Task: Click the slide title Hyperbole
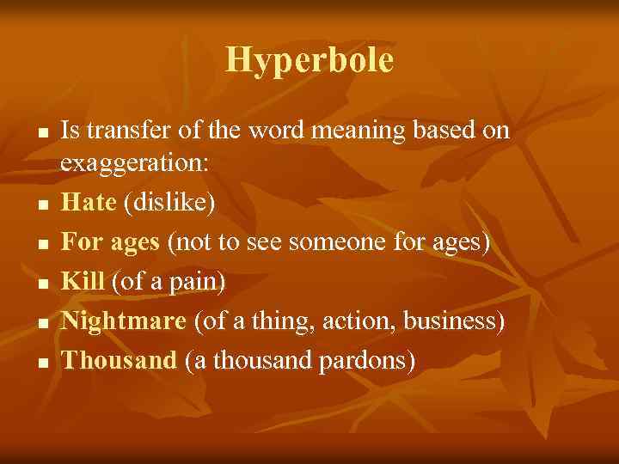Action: click(x=309, y=60)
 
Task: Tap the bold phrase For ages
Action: click(x=111, y=243)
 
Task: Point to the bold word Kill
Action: click(x=83, y=282)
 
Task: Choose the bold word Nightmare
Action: click(x=124, y=321)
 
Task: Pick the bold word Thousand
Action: click(x=120, y=360)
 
